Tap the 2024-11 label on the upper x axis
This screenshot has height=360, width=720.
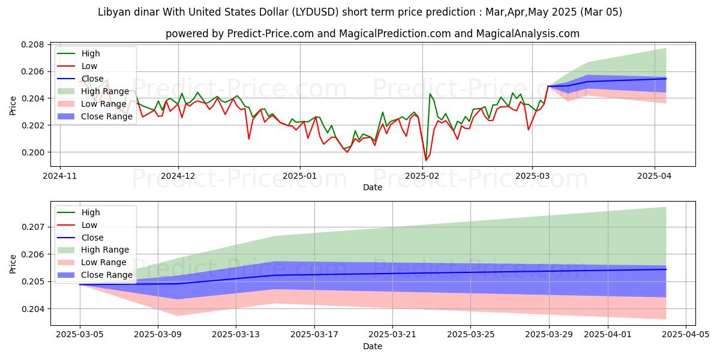61,176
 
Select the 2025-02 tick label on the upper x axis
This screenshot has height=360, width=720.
423,176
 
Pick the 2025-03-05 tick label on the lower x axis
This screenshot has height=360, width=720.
80,333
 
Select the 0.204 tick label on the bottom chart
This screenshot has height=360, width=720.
34,309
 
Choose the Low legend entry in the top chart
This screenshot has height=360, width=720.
89,66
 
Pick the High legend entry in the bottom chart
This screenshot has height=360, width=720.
91,212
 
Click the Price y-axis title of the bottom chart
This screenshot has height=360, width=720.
13,262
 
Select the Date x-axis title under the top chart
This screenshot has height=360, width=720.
373,187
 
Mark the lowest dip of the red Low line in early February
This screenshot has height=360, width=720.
426,160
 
